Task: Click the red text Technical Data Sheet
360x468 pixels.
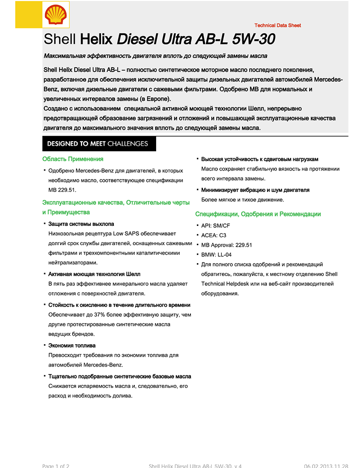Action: [277, 25]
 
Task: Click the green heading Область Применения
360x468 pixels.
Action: [73, 159]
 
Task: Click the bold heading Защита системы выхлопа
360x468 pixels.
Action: [81, 224]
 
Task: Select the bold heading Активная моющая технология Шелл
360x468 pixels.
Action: [94, 274]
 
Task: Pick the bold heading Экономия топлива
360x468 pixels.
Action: [72, 346]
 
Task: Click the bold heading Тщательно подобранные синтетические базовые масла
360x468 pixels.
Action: [120, 376]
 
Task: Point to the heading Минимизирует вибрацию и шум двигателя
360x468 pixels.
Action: [255, 190]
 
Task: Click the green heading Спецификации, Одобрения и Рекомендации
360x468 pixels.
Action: [258, 214]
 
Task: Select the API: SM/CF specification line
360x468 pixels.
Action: [215, 226]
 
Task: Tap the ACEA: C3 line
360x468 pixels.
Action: [213, 235]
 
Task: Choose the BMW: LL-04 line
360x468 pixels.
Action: [216, 255]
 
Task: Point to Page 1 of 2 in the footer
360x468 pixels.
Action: [56, 466]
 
